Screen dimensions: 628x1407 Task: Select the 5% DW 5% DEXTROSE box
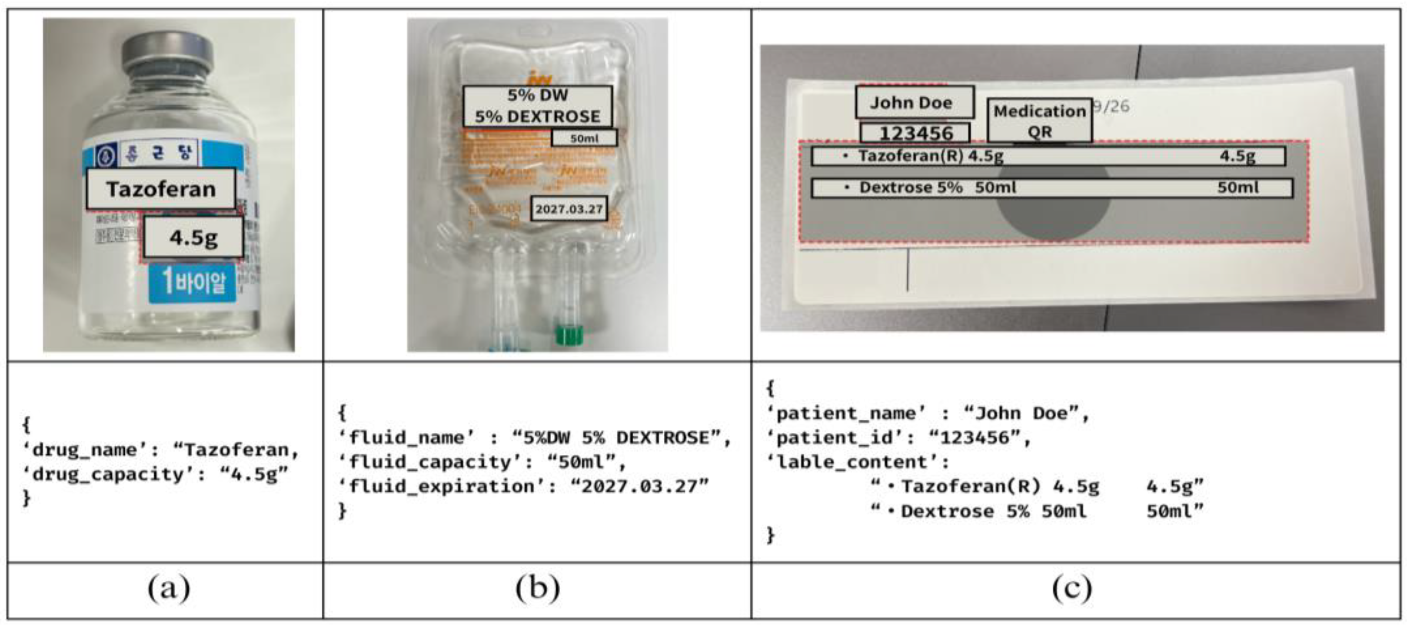(x=537, y=106)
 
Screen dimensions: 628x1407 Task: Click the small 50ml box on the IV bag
(x=584, y=138)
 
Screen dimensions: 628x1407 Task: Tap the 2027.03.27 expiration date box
(x=569, y=209)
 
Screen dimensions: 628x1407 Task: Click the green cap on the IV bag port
(x=569, y=334)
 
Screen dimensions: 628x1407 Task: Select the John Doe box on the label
(x=914, y=103)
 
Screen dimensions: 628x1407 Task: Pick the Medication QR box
(x=1039, y=121)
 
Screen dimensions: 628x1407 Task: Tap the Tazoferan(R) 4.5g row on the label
(x=1048, y=156)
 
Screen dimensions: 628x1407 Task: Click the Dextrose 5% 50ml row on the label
(x=1051, y=188)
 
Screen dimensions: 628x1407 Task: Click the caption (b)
(x=537, y=589)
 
